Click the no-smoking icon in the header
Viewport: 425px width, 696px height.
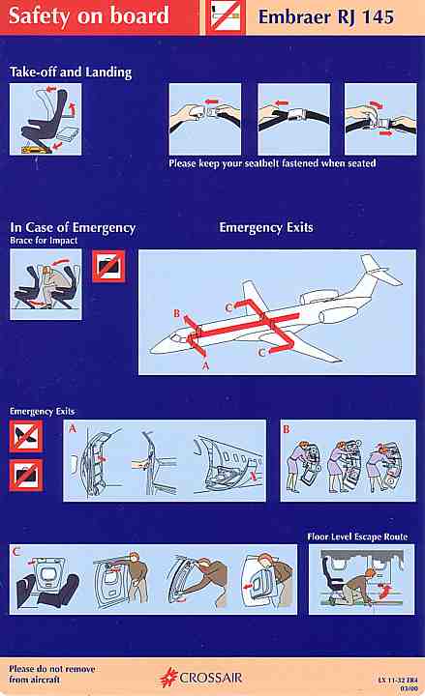226,16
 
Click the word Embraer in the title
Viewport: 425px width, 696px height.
294,17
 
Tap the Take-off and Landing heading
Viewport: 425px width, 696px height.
71,72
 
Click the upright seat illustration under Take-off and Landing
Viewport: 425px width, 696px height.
46,120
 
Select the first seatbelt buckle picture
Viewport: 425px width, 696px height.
205,119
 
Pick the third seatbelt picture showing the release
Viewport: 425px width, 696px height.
380,119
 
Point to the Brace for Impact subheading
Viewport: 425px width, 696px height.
44,241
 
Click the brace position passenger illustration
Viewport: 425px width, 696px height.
46,284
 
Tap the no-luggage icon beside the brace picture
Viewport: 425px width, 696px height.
109,266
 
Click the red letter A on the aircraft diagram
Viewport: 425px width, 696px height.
205,365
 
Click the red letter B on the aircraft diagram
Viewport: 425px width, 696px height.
176,313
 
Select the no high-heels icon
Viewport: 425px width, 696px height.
26,436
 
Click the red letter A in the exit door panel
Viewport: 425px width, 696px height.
73,428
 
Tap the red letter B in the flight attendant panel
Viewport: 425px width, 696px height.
287,429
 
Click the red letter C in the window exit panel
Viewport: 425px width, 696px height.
16,552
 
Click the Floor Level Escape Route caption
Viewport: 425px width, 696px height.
357,536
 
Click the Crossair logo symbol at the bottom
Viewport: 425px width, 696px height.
168,678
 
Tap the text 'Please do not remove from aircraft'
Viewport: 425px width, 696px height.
52,674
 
